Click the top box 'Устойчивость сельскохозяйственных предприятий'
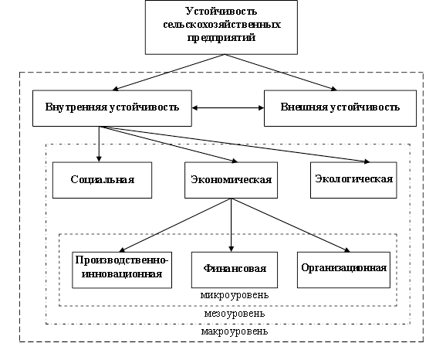coord(221,27)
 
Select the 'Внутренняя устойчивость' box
coord(112,108)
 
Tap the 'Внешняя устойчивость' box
coord(340,108)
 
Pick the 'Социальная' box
coord(102,180)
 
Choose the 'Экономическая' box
coord(231,180)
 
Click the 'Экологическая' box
coord(353,180)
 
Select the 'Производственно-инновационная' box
coord(122,270)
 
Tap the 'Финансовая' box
coord(235,270)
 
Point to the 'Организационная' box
coord(343,270)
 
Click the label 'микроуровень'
coord(235,295)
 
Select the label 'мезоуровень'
coord(235,314)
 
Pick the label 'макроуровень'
coord(235,331)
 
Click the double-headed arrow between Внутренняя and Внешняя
coord(228,107)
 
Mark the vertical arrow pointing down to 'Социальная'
coord(99,144)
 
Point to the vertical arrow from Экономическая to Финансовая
coord(231,226)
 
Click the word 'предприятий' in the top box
coord(221,38)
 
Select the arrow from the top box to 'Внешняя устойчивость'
coord(281,73)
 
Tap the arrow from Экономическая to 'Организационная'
coord(291,226)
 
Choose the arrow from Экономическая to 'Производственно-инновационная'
coord(175,226)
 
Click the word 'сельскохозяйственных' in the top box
coord(221,25)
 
